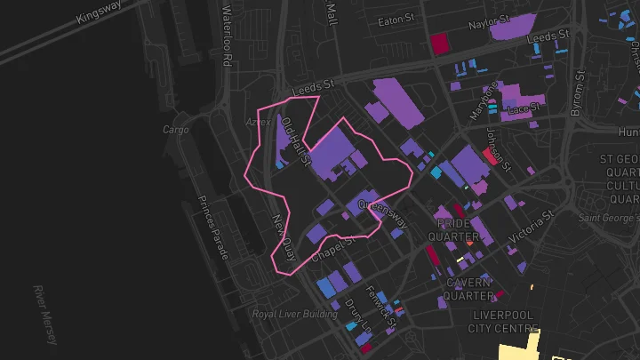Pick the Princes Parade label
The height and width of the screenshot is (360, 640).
point(213,227)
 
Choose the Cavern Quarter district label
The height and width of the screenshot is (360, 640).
point(469,289)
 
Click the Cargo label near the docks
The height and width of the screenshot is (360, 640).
point(176,130)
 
